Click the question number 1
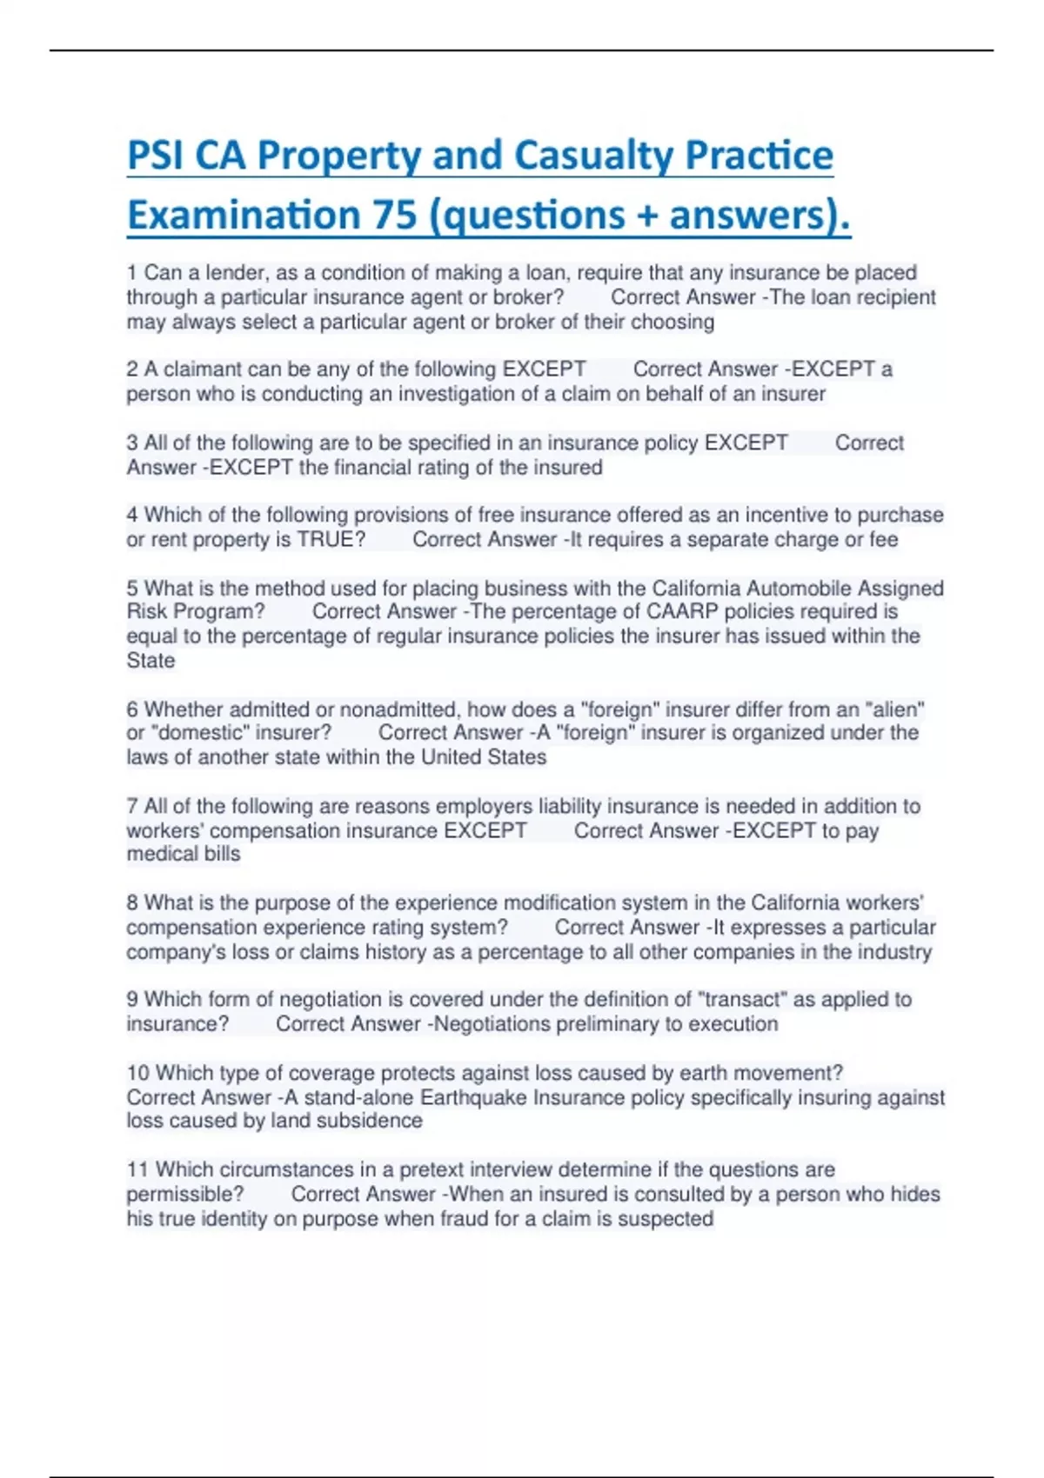pos(132,273)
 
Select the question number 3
pos(132,443)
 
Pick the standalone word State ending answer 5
pos(151,661)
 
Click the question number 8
pos(132,902)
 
